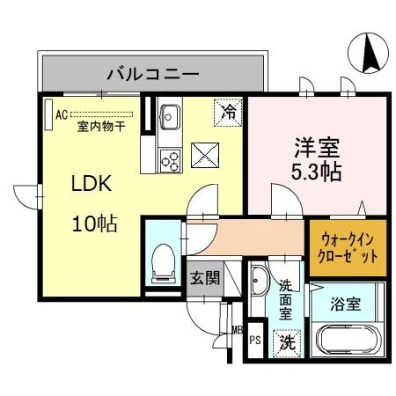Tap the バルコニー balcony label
152,72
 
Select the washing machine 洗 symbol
287,342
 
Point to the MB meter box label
236,331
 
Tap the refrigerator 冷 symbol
227,112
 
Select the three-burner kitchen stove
169,160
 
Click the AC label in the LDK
62,113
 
